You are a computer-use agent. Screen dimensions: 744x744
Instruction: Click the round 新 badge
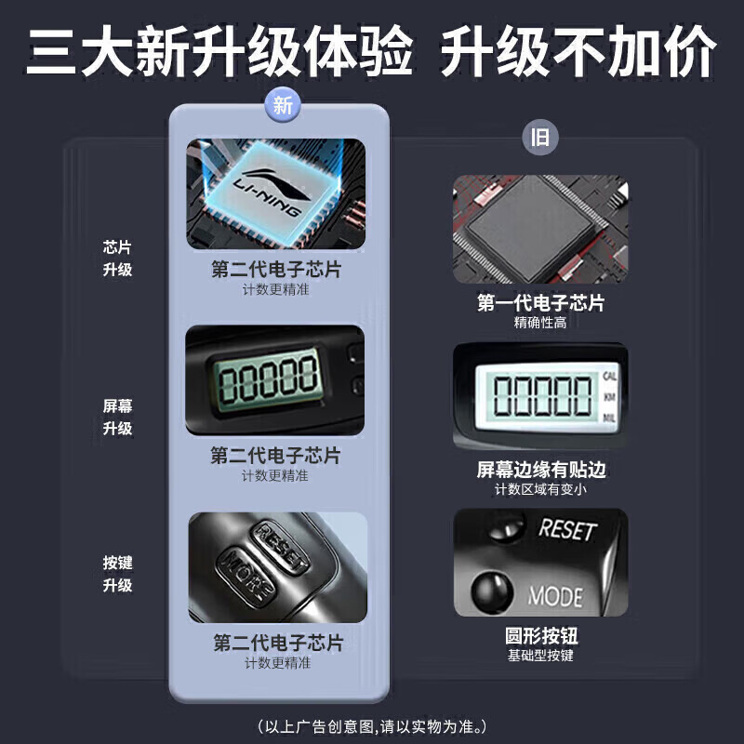point(283,105)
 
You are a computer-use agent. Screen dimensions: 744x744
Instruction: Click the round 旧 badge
point(540,138)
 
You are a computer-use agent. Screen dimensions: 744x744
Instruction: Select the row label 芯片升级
point(117,259)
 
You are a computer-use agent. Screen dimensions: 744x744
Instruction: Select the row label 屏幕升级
point(117,417)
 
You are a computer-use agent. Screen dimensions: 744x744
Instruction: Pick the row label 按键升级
point(117,574)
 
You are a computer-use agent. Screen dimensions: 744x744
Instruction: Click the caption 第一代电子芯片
point(540,303)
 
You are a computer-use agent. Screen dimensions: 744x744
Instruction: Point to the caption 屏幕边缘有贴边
point(541,470)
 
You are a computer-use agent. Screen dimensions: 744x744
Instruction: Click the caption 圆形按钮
point(541,635)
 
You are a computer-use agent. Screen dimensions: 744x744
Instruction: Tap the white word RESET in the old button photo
point(567,529)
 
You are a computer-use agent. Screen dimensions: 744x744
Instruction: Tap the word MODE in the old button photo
point(555,596)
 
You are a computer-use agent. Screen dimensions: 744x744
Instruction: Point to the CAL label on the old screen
point(610,377)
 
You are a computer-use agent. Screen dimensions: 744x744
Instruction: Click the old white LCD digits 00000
point(542,395)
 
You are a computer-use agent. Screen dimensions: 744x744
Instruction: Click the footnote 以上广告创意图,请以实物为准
point(373,726)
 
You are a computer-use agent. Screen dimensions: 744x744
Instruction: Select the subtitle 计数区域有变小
point(540,489)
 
